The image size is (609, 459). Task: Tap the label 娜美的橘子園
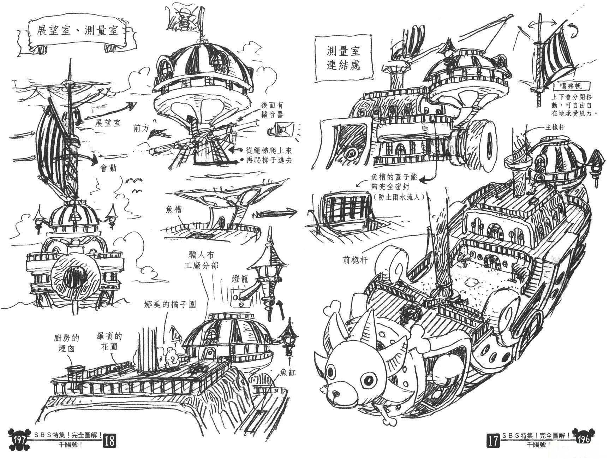(170, 304)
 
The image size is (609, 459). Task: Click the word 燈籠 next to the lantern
(240, 279)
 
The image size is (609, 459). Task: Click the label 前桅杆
(355, 260)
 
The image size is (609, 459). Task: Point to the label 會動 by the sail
(108, 168)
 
